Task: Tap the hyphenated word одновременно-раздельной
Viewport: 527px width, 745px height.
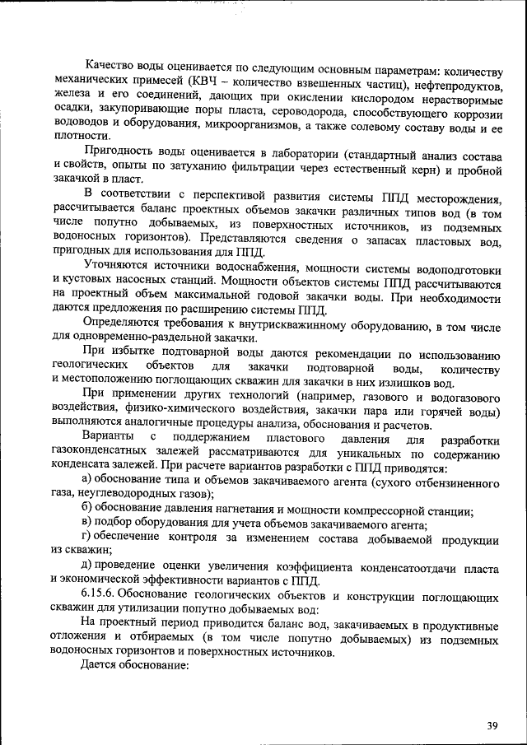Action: pos(128,338)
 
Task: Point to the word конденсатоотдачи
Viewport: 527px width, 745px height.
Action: pos(403,566)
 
